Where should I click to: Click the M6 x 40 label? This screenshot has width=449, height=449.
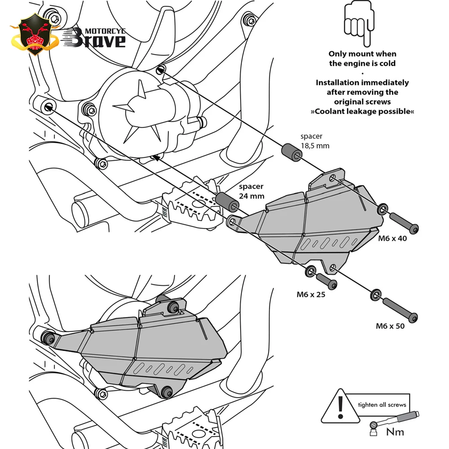(x=392, y=238)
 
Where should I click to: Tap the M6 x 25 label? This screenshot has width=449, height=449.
(x=311, y=295)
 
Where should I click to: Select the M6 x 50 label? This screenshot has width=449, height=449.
(x=390, y=326)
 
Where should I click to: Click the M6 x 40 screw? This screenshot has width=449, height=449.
(x=404, y=221)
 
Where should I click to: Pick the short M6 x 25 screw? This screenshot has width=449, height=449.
(x=327, y=281)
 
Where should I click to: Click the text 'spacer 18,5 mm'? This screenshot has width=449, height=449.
(x=315, y=140)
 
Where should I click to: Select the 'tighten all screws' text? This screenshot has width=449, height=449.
(x=382, y=405)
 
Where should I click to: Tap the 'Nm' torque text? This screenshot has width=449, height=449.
(x=395, y=432)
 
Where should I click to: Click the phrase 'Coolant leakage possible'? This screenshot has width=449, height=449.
(x=362, y=111)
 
